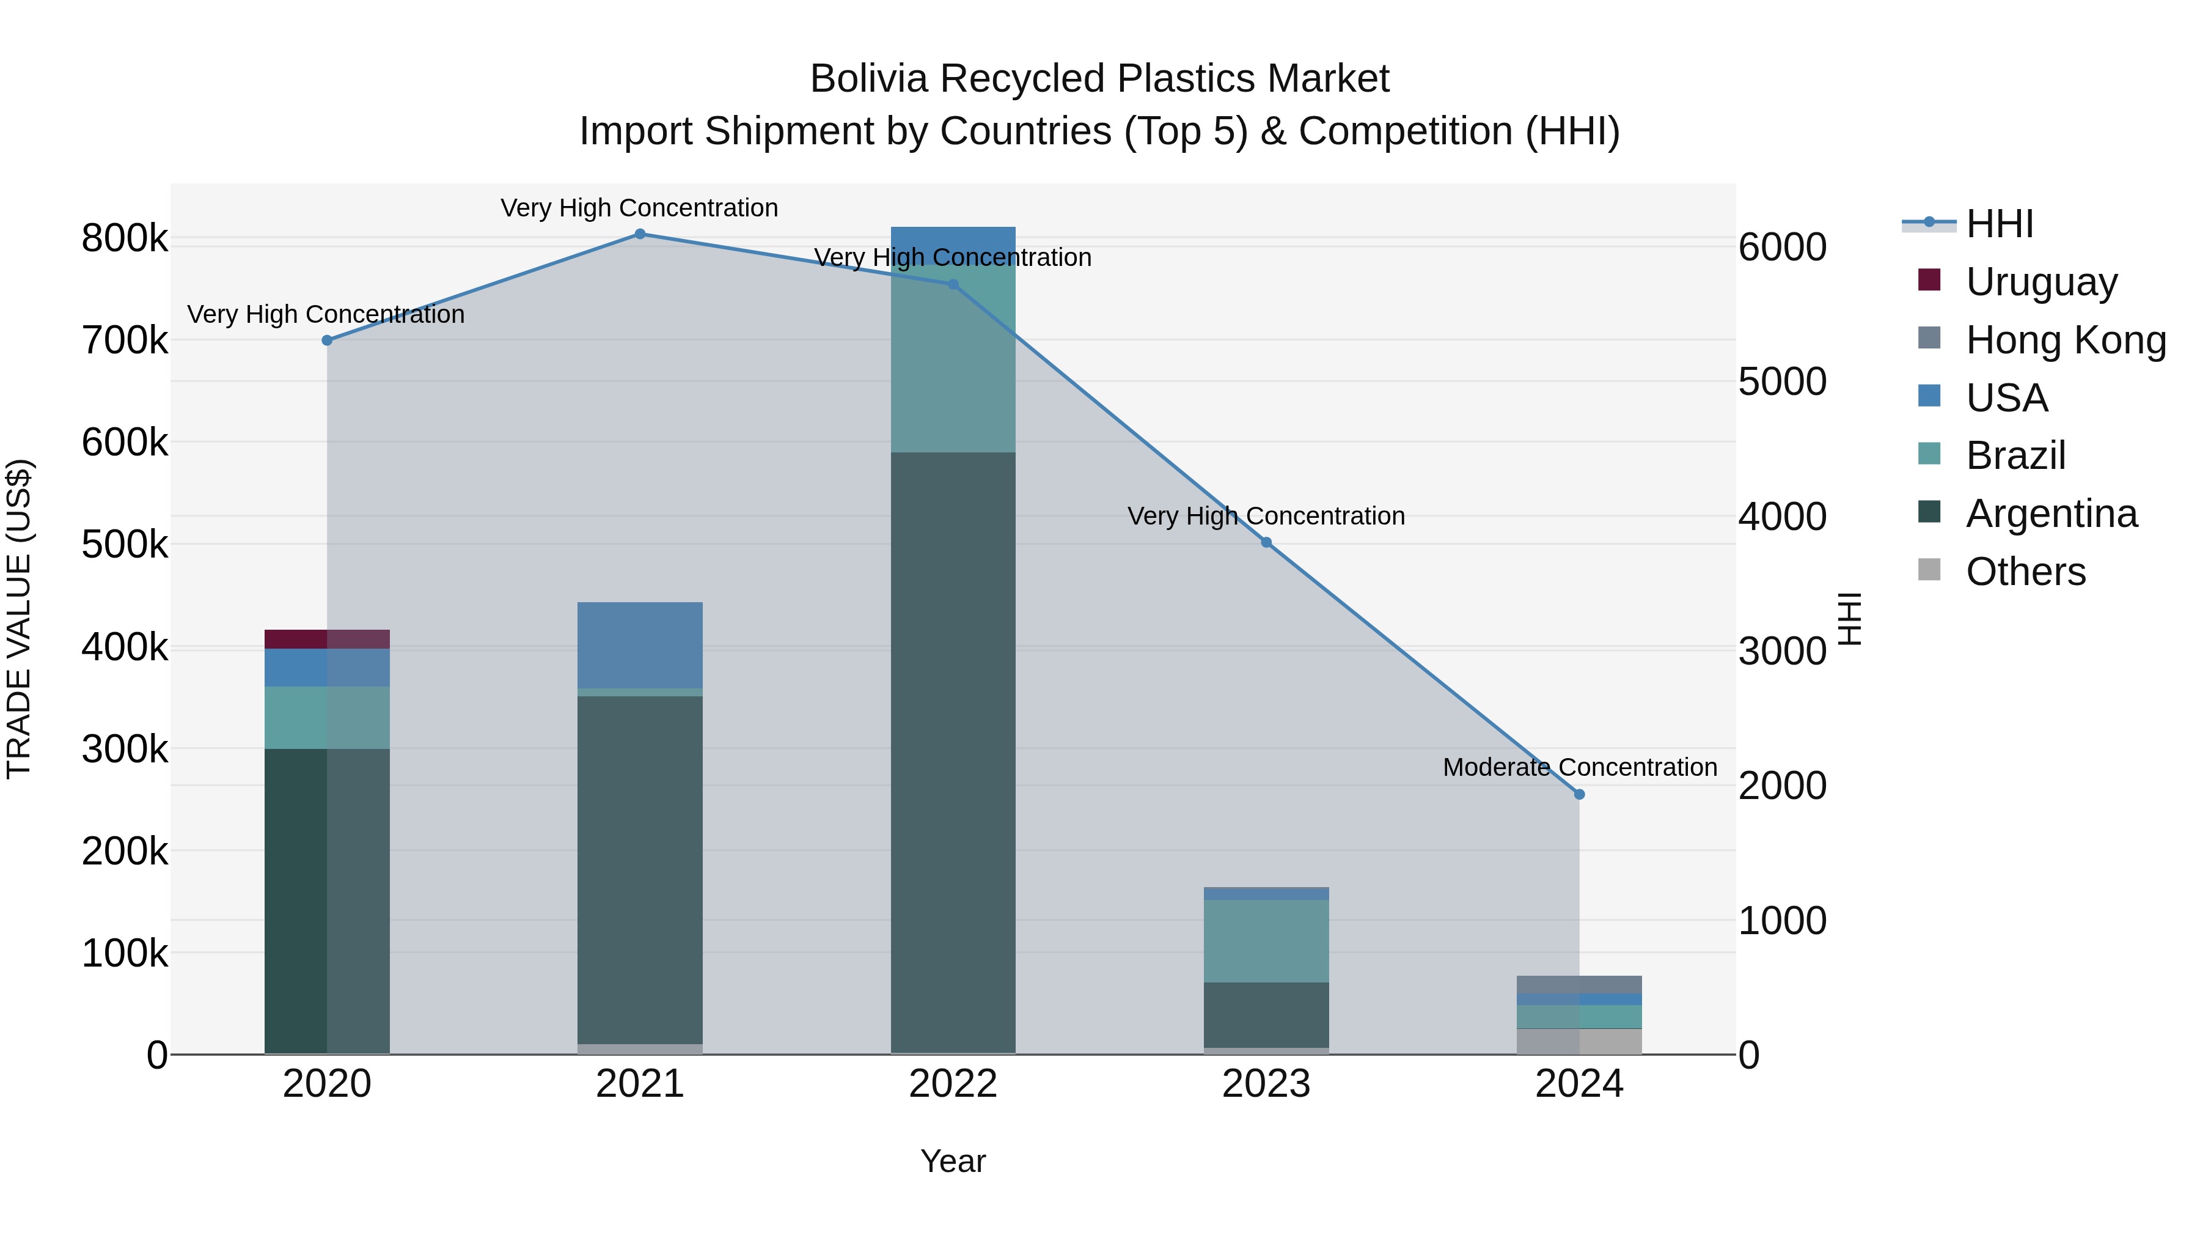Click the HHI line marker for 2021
(x=640, y=234)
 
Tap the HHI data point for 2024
(x=1579, y=795)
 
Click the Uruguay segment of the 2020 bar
(x=327, y=639)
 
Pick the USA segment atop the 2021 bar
(x=640, y=645)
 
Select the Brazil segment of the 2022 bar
(x=953, y=359)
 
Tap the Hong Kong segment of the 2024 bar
(x=1579, y=984)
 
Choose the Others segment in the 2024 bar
(x=1579, y=1042)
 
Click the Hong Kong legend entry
(x=2065, y=340)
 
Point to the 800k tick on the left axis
(x=125, y=238)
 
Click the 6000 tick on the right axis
(x=1783, y=248)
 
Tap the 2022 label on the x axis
(x=953, y=1084)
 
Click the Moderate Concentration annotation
(x=1579, y=767)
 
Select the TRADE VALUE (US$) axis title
(x=20, y=619)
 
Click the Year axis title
(x=953, y=1161)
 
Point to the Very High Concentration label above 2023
(x=1266, y=516)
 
